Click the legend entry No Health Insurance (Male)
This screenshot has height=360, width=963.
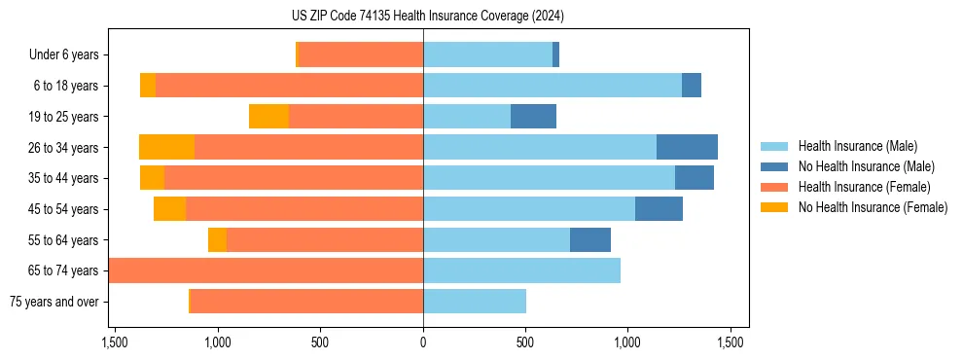[x=866, y=166]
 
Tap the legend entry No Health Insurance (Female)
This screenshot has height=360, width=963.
[x=872, y=207]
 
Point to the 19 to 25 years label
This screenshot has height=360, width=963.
[x=65, y=117]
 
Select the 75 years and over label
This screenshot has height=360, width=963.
[x=53, y=302]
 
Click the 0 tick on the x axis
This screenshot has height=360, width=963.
[x=423, y=342]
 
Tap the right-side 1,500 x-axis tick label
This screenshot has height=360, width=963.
[x=731, y=342]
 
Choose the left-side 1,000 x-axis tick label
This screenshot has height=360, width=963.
[x=218, y=342]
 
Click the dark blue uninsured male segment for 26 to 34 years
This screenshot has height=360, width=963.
[x=687, y=148]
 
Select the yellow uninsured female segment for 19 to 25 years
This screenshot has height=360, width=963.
[x=268, y=117]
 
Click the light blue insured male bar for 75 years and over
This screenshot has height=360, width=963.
[x=475, y=302]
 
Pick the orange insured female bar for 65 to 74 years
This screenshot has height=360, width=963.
[x=266, y=270]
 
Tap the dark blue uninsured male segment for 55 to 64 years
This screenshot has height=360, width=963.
[x=590, y=240]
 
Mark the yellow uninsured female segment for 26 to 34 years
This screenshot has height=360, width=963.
[x=166, y=148]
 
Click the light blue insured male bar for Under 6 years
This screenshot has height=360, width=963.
[x=487, y=55]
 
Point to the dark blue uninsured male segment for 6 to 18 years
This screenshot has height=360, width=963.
[x=692, y=86]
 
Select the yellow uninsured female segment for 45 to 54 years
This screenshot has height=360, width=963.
[x=169, y=209]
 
